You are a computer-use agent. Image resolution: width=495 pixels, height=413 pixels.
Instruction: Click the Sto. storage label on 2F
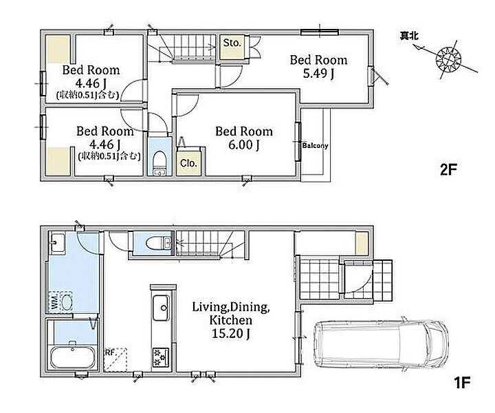[x=232, y=43]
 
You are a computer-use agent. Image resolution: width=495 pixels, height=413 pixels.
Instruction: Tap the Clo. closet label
[x=188, y=163]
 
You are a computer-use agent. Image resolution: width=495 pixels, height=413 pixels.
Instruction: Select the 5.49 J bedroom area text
[x=318, y=74]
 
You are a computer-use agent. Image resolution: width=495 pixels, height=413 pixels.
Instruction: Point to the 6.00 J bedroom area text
[x=244, y=145]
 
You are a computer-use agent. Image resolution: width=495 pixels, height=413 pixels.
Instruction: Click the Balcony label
[x=315, y=146]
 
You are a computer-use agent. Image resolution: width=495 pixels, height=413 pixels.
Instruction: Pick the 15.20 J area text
[x=231, y=333]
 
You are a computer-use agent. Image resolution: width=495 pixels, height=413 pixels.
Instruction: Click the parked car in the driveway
[x=381, y=344]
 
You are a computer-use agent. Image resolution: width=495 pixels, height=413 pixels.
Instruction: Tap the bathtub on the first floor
[x=73, y=358]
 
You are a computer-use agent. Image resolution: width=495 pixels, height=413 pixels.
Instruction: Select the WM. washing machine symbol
[x=61, y=302]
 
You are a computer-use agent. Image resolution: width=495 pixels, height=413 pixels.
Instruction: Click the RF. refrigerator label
[x=109, y=352]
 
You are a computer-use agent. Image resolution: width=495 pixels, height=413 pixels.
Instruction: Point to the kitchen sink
[x=161, y=308]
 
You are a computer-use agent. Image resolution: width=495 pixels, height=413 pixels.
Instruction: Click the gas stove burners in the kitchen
[x=160, y=357]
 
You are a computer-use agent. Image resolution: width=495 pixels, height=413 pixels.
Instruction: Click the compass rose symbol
[x=448, y=59]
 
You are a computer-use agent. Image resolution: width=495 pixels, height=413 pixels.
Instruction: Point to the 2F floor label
[x=448, y=170]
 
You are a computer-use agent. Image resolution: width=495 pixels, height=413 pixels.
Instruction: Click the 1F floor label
[x=462, y=383]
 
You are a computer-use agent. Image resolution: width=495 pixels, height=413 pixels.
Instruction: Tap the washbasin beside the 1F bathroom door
[x=58, y=243]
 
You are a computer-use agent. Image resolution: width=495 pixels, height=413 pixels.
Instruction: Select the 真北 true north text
[x=409, y=36]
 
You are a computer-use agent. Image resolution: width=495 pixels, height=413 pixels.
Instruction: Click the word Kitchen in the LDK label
[x=231, y=320]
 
